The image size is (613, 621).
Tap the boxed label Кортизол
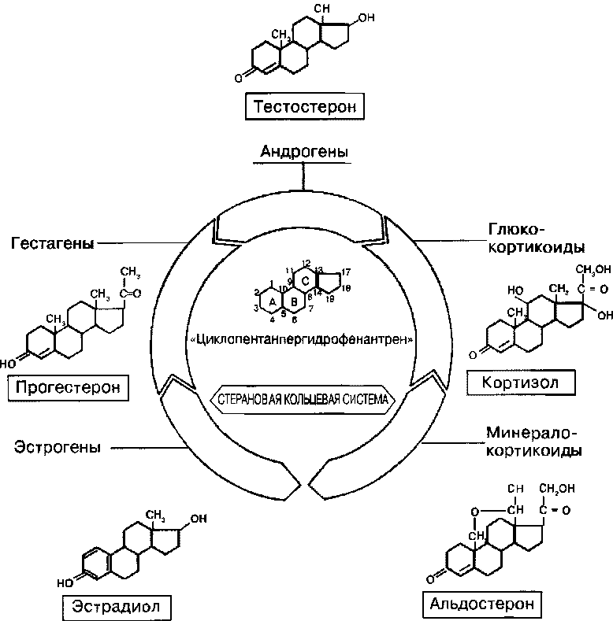point(521,383)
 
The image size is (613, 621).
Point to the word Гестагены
point(52,243)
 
